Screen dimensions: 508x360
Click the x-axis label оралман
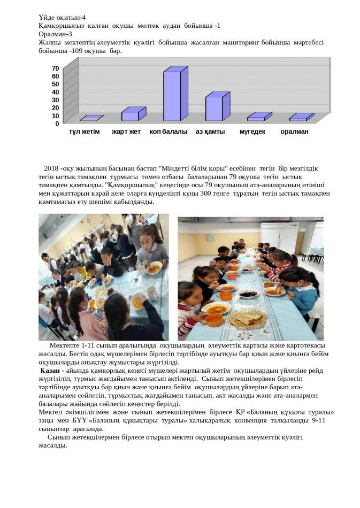294,132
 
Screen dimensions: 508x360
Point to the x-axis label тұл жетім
85,132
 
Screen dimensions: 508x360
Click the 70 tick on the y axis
56,68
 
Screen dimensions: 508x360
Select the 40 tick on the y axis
56,92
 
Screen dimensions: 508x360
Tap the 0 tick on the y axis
57,124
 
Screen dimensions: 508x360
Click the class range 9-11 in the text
318,420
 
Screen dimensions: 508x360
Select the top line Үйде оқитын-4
62,17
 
